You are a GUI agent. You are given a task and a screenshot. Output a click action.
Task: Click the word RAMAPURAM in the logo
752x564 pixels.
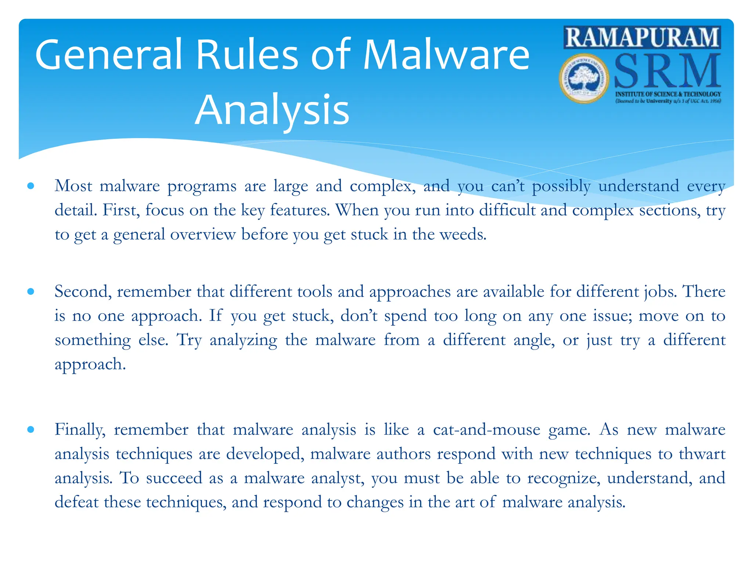click(x=642, y=37)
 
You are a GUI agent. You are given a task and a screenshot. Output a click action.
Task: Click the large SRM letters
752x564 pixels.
click(x=666, y=72)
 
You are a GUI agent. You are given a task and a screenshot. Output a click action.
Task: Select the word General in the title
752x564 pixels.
click(x=109, y=55)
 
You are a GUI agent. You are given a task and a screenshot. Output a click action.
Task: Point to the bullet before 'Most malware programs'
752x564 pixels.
click(x=31, y=186)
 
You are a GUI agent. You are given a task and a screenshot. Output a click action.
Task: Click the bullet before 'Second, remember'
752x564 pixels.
click(x=31, y=292)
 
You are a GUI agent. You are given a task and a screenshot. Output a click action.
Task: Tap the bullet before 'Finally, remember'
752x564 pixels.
click(x=31, y=429)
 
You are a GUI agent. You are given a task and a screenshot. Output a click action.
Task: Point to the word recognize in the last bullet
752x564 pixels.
click(x=564, y=478)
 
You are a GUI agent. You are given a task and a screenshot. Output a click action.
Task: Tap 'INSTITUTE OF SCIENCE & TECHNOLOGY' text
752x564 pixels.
click(x=668, y=94)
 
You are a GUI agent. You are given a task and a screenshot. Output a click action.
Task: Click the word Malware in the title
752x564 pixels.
click(x=446, y=55)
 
